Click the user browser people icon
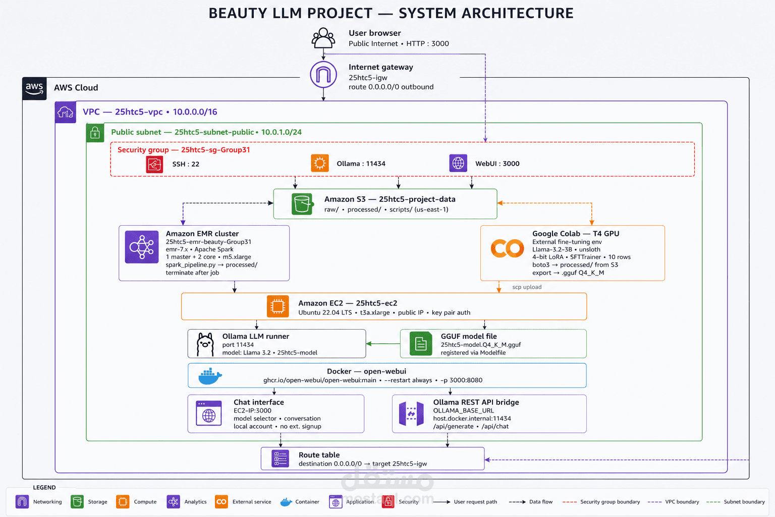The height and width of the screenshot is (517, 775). pyautogui.click(x=323, y=38)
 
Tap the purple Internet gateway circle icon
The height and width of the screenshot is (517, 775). pyautogui.click(x=323, y=74)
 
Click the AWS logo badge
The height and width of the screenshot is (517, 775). pyautogui.click(x=34, y=88)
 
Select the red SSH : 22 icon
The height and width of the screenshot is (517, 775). pyautogui.click(x=154, y=164)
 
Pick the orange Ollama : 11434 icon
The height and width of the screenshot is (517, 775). pyautogui.click(x=320, y=163)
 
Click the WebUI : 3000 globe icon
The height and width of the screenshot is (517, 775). pyautogui.click(x=458, y=163)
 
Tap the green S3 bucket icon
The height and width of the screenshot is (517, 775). pyautogui.click(x=302, y=204)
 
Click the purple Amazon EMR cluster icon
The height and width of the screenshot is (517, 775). pyautogui.click(x=141, y=247)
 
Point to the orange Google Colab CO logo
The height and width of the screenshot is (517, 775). pyautogui.click(x=507, y=248)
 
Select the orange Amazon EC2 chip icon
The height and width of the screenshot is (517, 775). pyautogui.click(x=278, y=306)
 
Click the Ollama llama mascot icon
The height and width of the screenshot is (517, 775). pyautogui.click(x=205, y=344)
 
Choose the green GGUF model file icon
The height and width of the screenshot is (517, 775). pyautogui.click(x=421, y=343)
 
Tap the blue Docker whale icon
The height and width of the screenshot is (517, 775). pyautogui.click(x=210, y=376)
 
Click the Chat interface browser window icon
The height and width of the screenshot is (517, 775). pyautogui.click(x=208, y=413)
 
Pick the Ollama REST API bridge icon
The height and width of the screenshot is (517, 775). pyautogui.click(x=411, y=413)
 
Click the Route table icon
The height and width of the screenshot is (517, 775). pyautogui.click(x=280, y=459)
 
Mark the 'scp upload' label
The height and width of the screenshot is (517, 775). pyautogui.click(x=527, y=287)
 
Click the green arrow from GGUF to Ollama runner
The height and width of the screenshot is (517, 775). pyautogui.click(x=383, y=343)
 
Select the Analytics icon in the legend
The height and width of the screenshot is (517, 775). pyautogui.click(x=174, y=501)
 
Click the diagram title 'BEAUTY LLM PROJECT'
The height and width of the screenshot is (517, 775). pyautogui.click(x=291, y=13)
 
